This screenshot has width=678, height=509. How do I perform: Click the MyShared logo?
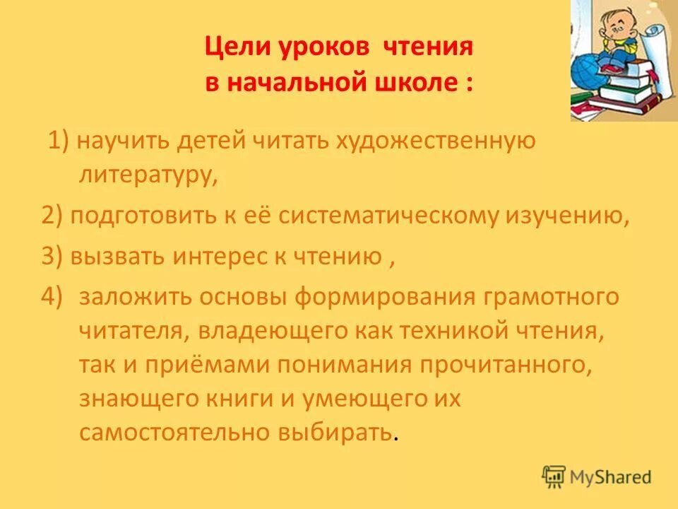point(597,477)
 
